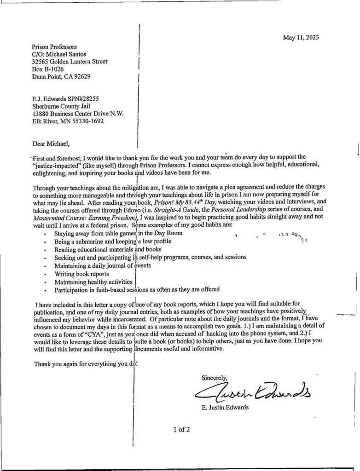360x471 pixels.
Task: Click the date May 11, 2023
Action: (301, 38)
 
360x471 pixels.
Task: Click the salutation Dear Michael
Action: (50, 144)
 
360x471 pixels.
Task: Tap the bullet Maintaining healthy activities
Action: (93, 281)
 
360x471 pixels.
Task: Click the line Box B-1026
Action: (47, 69)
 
